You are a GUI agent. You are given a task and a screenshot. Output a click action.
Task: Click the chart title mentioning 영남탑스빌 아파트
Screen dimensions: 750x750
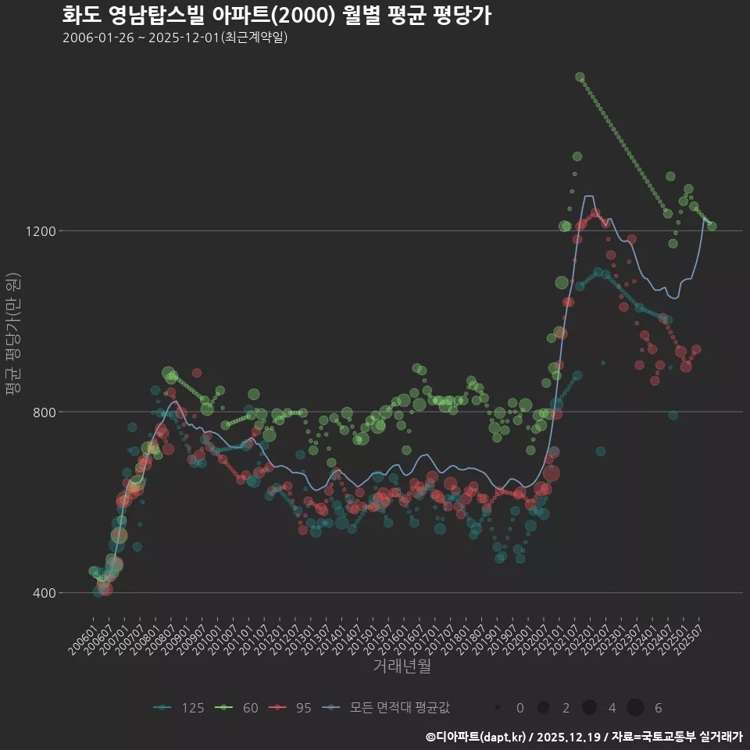pos(277,15)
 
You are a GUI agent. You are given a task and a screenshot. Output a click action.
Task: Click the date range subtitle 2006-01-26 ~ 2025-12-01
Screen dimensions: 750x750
pos(176,37)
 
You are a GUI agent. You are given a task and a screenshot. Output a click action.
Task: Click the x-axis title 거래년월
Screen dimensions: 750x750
pos(402,666)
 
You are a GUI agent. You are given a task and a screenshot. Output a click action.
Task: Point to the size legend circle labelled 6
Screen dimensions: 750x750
pos(635,708)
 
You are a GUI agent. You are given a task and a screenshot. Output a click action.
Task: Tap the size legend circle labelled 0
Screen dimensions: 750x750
pos(498,708)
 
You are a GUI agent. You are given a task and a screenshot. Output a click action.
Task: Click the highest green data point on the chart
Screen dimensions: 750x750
pos(580,77)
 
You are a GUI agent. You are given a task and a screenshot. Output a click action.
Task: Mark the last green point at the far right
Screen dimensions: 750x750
pos(712,227)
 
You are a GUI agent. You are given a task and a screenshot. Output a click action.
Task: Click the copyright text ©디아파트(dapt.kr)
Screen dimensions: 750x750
pos(476,737)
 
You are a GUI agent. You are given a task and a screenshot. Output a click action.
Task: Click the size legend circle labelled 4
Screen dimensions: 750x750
pos(589,708)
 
